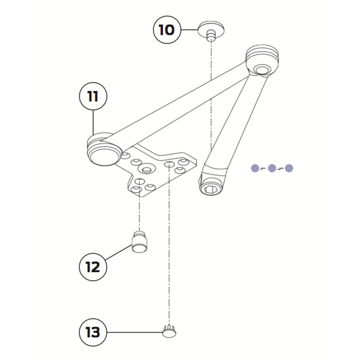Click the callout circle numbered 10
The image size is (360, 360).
166,30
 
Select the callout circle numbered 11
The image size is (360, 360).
93,96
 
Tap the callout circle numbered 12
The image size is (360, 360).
93,266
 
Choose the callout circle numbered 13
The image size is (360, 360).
93,333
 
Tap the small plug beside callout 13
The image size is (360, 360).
169,332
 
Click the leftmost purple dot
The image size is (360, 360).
255,168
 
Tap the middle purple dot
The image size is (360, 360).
272,168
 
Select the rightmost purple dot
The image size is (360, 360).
289,168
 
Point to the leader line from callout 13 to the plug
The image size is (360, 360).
135,333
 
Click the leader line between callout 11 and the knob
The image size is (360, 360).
93,121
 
